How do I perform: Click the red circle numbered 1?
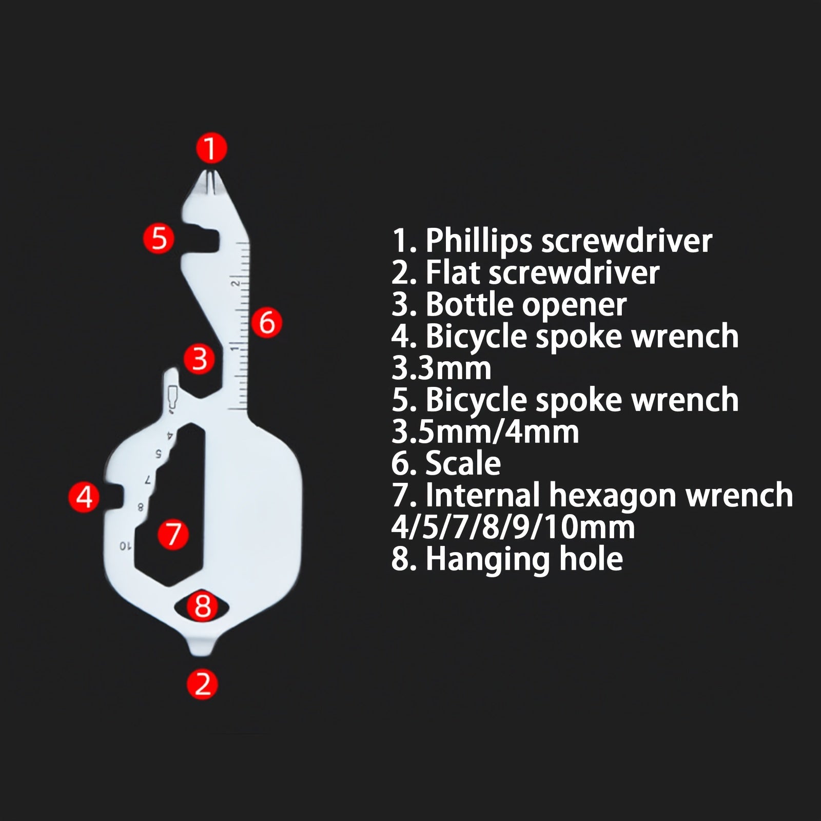click(x=211, y=148)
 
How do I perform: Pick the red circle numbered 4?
click(x=84, y=496)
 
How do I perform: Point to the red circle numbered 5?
click(x=159, y=238)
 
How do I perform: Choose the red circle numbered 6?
click(x=266, y=322)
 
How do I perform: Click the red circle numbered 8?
click(x=202, y=605)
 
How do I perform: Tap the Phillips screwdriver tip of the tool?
click(x=211, y=172)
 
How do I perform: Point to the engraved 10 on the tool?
click(x=126, y=545)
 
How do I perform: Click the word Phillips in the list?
click(x=478, y=241)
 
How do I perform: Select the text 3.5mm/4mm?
click(x=485, y=432)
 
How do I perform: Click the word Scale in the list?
click(x=463, y=463)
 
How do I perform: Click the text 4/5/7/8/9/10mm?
click(x=513, y=527)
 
